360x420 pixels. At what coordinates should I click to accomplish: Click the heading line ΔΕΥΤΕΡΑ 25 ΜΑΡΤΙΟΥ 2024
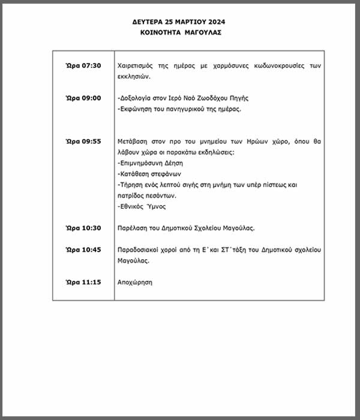[179, 22]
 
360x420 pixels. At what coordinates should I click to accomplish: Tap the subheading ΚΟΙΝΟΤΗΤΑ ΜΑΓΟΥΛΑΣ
[179, 32]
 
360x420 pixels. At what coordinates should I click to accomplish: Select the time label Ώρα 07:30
[83, 65]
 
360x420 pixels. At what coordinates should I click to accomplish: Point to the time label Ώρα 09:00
[83, 98]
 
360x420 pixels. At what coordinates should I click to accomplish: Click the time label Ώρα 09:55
[83, 141]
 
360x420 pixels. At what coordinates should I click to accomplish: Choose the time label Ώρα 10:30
[83, 227]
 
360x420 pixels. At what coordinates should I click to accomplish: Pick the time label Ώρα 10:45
[83, 249]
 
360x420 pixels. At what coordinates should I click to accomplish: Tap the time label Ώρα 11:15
[83, 281]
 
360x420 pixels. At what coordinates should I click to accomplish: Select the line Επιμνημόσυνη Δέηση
[151, 163]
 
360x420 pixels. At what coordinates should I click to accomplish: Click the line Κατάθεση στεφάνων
[146, 173]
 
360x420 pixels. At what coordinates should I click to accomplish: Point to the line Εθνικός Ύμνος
[143, 206]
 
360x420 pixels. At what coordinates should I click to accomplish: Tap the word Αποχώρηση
[135, 281]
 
